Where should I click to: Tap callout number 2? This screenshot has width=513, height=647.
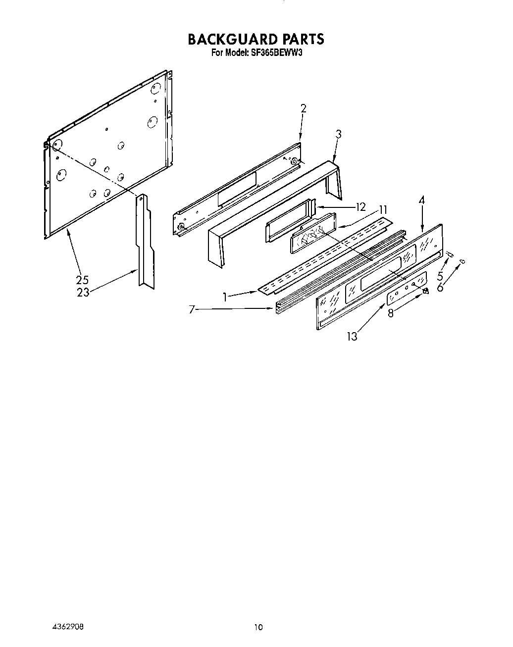(304, 108)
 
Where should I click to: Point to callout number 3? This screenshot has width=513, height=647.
(338, 134)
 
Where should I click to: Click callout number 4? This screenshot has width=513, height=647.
(421, 200)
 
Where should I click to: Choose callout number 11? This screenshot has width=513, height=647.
(383, 209)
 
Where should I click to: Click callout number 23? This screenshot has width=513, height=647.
(83, 292)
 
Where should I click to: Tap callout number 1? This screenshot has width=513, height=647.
(225, 297)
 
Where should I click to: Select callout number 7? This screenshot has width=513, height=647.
(191, 310)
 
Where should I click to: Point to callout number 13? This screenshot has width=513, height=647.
(352, 337)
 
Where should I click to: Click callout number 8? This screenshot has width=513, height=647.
(391, 313)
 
